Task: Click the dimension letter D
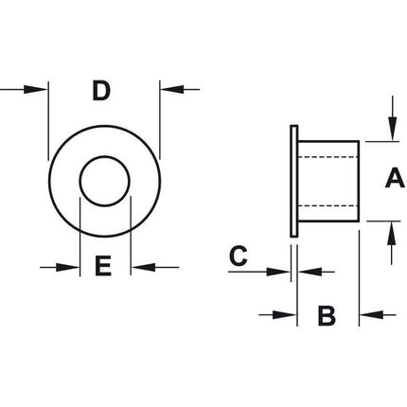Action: click(x=101, y=91)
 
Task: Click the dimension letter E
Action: click(x=103, y=266)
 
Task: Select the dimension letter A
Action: click(x=395, y=178)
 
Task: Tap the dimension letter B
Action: click(x=327, y=315)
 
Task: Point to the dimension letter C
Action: click(x=239, y=256)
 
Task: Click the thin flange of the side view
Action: click(x=293, y=181)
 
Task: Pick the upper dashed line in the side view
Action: click(x=327, y=157)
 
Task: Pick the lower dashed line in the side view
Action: click(x=327, y=205)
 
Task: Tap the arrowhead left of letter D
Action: click(x=36, y=89)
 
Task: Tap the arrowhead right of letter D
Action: click(x=172, y=89)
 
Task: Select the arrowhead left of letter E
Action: click(x=67, y=268)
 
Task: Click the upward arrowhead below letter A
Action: click(x=392, y=233)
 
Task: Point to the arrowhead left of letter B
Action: click(x=285, y=315)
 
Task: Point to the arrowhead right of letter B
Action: click(x=372, y=314)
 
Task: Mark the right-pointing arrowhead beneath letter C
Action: click(x=278, y=272)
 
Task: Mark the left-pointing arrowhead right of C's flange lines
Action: click(x=310, y=272)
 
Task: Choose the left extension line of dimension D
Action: click(x=48, y=121)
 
